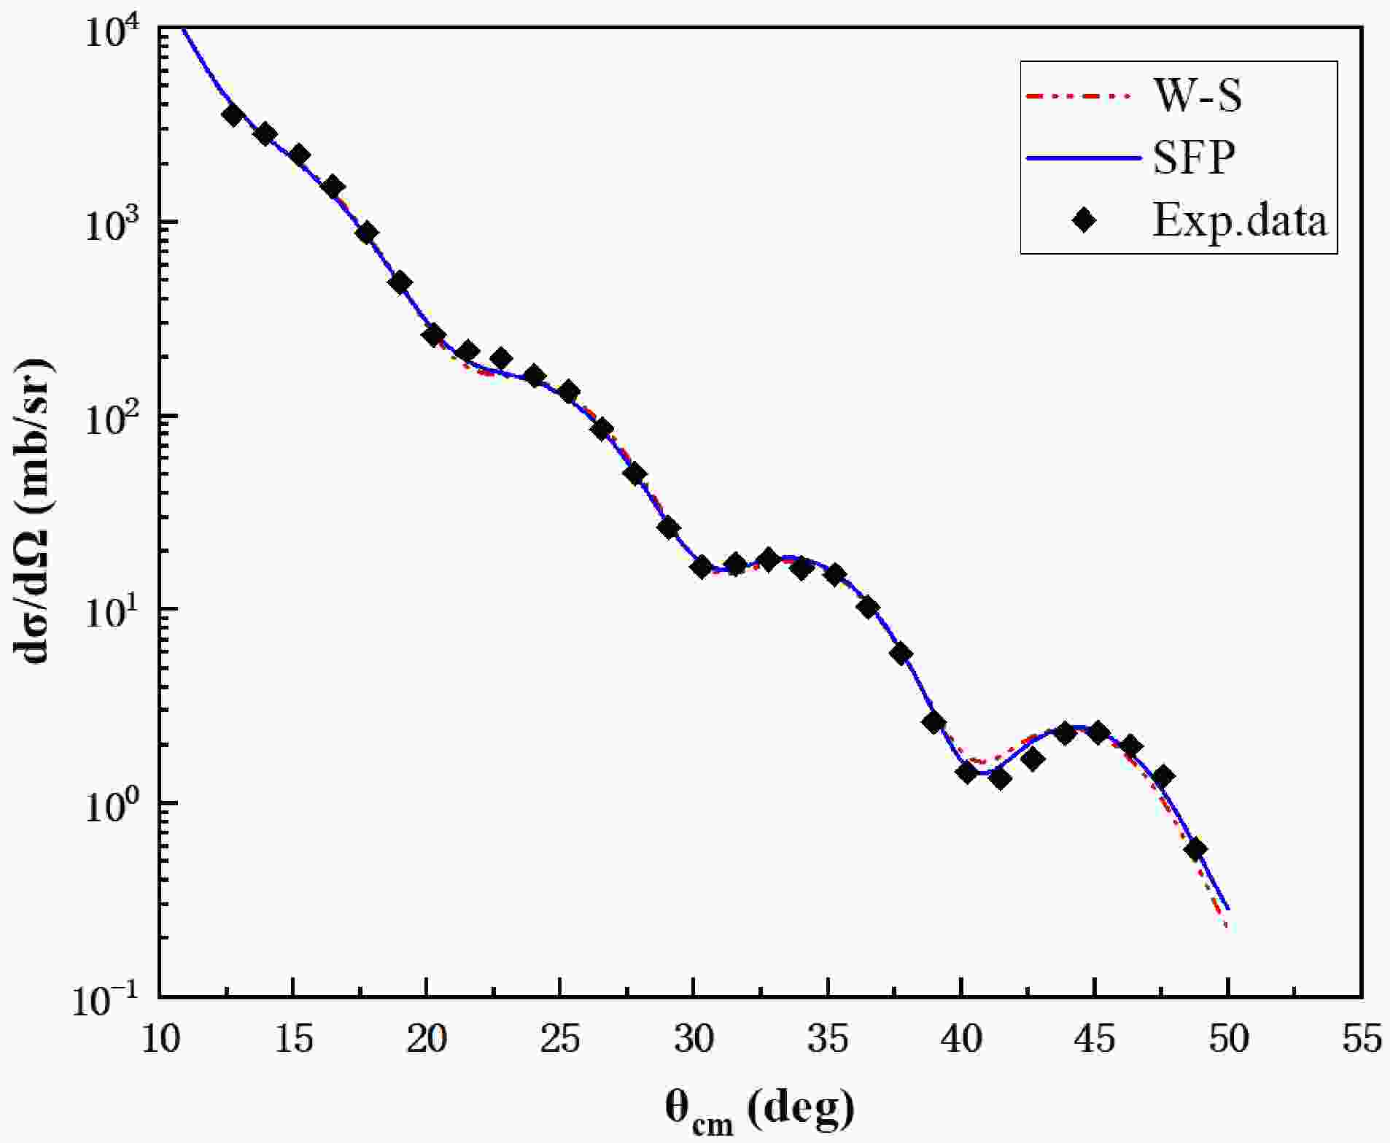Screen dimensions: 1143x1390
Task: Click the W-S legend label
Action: point(1197,96)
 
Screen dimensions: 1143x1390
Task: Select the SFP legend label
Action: point(1194,157)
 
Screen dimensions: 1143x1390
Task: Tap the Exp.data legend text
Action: point(1239,218)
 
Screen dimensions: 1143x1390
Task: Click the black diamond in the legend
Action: point(1084,219)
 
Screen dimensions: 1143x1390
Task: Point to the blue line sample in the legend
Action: point(1082,158)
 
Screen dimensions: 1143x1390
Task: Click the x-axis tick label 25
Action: point(560,1039)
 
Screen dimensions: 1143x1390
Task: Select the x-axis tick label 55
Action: point(1362,1039)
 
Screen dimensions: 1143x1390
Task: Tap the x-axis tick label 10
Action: point(160,1039)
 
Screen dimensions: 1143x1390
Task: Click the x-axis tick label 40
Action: point(961,1039)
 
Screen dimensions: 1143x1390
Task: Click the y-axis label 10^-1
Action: point(109,999)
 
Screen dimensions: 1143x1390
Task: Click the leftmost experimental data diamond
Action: point(233,115)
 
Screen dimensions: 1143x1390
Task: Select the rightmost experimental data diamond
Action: point(1196,849)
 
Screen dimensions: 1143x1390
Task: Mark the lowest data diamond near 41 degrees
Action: point(1001,778)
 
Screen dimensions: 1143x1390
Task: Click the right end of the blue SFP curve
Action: point(1229,909)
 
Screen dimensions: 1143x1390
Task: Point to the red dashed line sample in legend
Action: point(1082,96)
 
